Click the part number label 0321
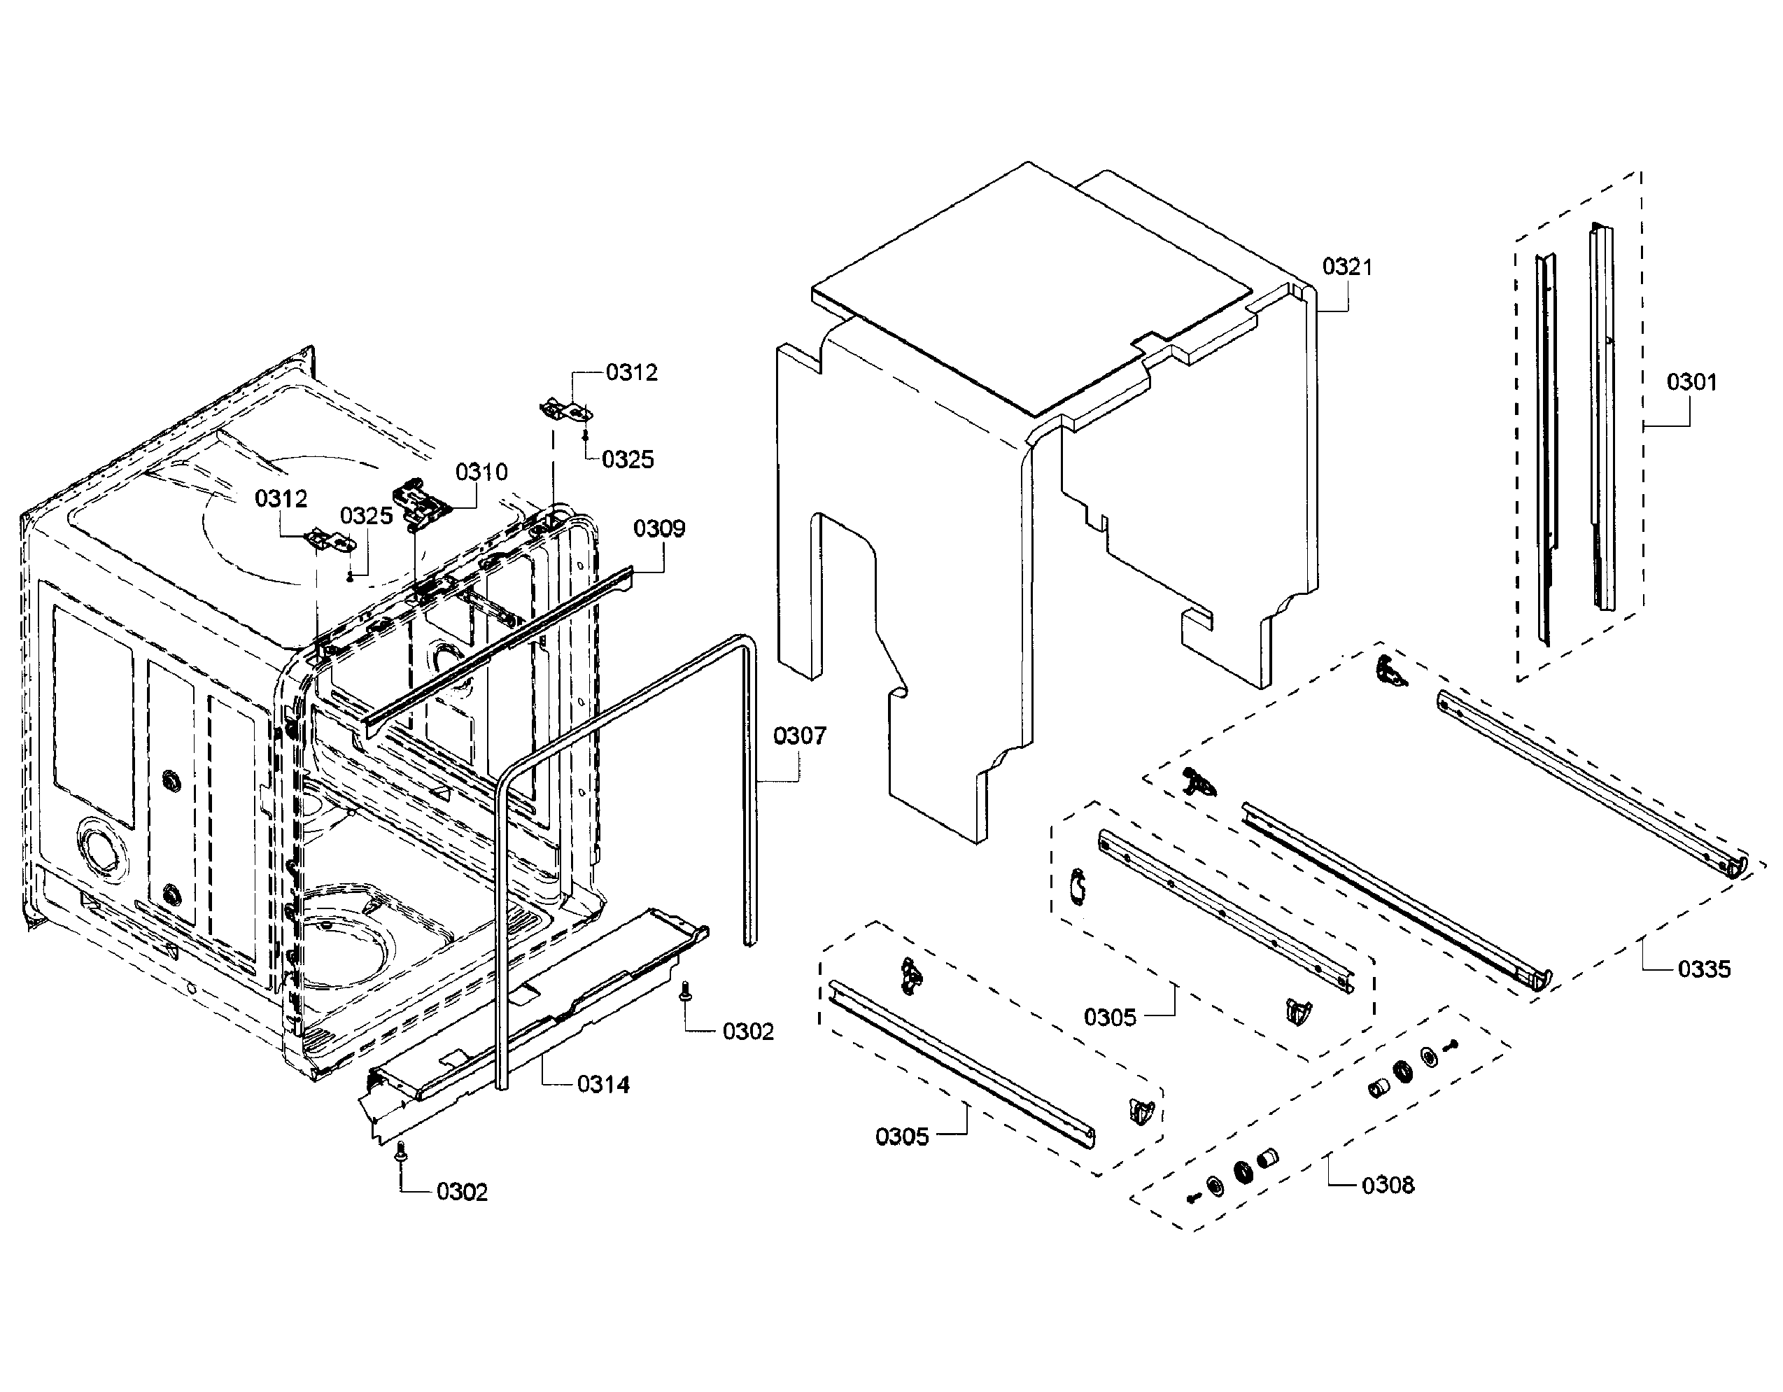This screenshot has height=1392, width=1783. [x=1347, y=267]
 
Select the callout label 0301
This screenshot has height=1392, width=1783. [x=1691, y=382]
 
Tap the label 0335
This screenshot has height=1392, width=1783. [x=1704, y=969]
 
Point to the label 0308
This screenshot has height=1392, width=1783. [x=1387, y=1185]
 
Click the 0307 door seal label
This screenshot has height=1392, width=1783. [x=799, y=736]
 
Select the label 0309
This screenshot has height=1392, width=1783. [x=659, y=529]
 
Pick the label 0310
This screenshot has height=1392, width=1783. [x=481, y=472]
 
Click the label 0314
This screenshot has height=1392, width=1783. [x=602, y=1084]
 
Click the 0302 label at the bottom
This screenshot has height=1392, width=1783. [x=461, y=1192]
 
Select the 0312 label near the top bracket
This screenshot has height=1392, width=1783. [x=631, y=372]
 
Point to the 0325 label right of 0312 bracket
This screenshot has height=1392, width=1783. [x=627, y=460]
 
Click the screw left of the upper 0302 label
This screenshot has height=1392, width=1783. [x=684, y=990]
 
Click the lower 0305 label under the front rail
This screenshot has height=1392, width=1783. [x=901, y=1137]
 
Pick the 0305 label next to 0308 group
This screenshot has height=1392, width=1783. [x=1110, y=1018]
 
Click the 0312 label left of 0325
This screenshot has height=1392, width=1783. [x=281, y=499]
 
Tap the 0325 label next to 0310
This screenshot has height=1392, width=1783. [x=366, y=516]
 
